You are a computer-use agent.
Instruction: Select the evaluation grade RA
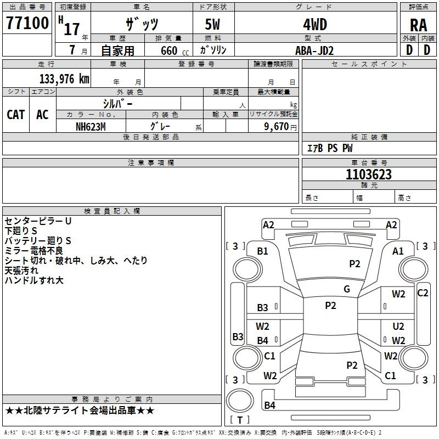[x=418, y=25]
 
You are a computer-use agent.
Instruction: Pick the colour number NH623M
[x=90, y=126]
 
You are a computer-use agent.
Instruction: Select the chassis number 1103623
[x=369, y=175]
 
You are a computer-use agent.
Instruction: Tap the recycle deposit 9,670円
[x=278, y=126]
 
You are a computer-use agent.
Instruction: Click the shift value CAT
[x=15, y=114]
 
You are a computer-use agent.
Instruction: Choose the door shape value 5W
[x=213, y=25]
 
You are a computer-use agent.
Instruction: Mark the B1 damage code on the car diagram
[x=262, y=251]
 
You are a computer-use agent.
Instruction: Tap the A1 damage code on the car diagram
[x=398, y=251]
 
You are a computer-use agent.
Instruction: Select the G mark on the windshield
[x=347, y=289]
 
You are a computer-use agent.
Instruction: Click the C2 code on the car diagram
[x=423, y=292]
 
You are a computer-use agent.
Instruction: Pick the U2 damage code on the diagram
[x=398, y=327]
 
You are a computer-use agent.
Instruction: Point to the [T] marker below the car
[x=239, y=420]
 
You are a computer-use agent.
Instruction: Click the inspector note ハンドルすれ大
[x=34, y=280]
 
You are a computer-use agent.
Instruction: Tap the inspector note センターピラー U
[x=38, y=221]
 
